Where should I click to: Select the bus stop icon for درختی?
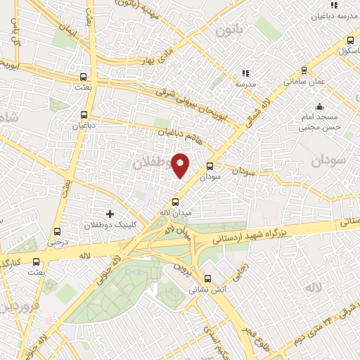tap(57, 231)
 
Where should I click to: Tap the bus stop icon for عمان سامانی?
tap(304, 70)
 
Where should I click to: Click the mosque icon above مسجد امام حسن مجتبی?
tap(320, 107)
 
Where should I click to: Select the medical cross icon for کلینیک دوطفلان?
tap(109, 213)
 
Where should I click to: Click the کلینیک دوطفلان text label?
tap(108, 225)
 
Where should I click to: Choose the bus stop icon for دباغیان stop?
tap(84, 115)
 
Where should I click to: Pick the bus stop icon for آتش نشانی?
tap(207, 278)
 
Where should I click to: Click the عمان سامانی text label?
tap(304, 82)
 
